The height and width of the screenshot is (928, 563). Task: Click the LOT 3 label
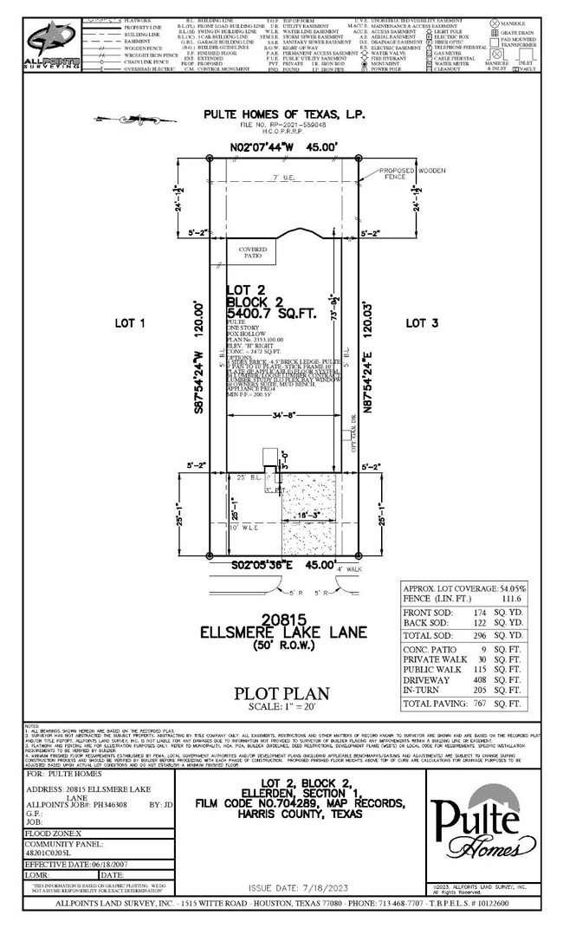pos(423,322)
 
